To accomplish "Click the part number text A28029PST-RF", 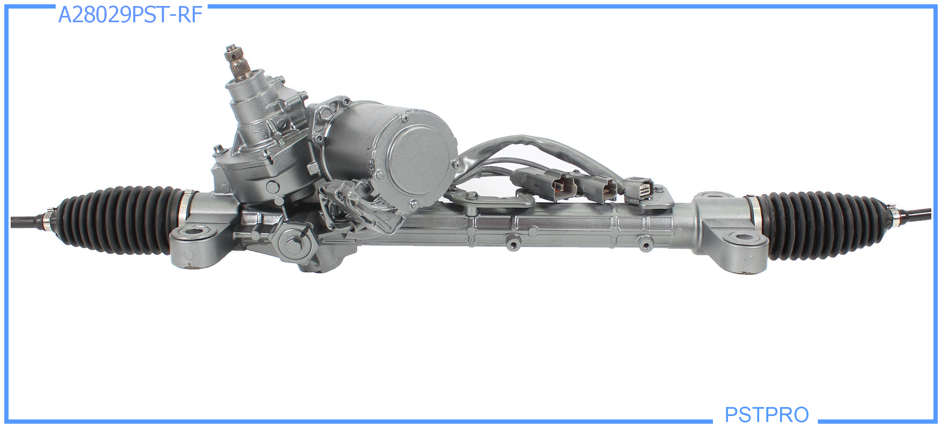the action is [x=130, y=15].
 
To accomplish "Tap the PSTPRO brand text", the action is [x=766, y=414].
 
